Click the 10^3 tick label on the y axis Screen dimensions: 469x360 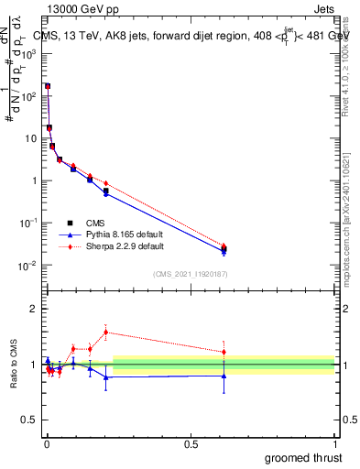29,54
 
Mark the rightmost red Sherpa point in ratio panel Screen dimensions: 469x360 224,352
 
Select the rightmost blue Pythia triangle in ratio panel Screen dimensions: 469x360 224,376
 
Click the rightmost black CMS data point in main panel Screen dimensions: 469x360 224,248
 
